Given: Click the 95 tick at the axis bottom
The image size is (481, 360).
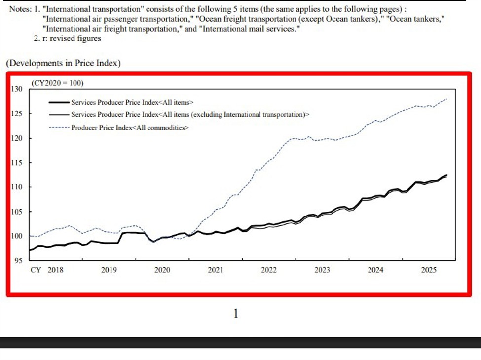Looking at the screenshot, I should coord(18,260).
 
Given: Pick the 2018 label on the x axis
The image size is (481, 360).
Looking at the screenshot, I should coord(55,270).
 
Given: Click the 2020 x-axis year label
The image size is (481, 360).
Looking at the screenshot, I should coord(162,270).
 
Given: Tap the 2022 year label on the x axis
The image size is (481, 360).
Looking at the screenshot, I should coord(268,270).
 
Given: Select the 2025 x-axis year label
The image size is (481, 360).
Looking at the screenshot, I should coord(428,270).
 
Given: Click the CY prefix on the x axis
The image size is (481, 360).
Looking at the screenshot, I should coord(36,270).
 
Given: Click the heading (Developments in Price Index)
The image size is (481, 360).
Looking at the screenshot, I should coord(63,63).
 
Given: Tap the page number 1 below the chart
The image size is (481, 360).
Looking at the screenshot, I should coord(235,313).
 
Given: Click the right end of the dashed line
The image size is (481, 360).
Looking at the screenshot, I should coord(447,99).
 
